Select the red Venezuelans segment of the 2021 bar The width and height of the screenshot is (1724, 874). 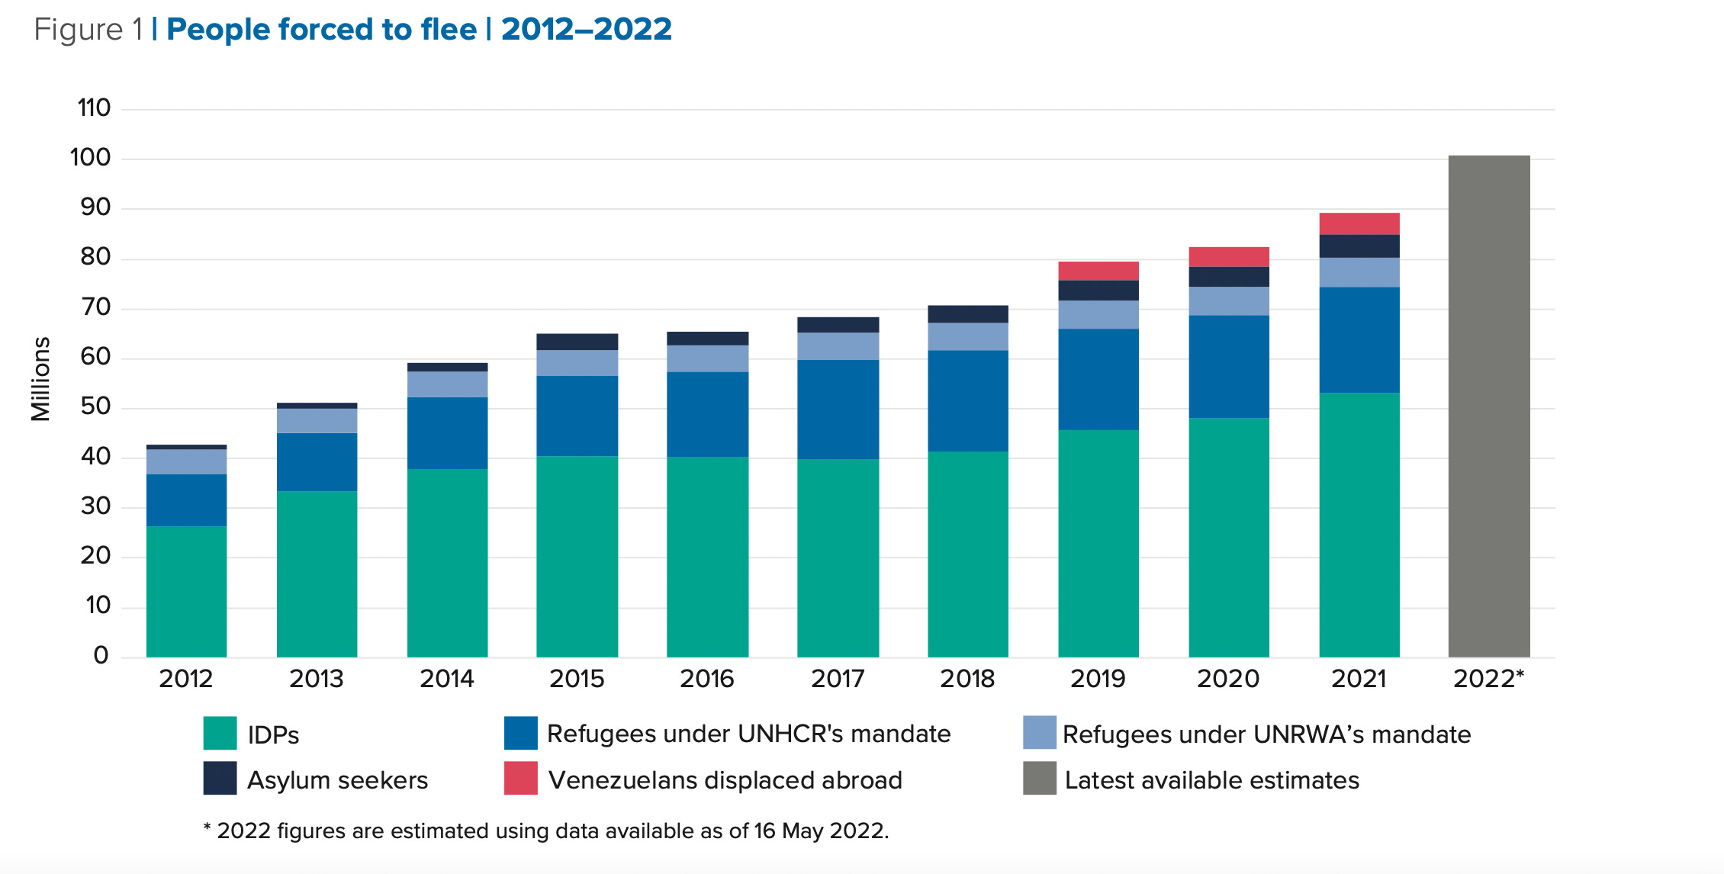pyautogui.click(x=1359, y=223)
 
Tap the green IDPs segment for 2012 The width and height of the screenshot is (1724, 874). pyautogui.click(x=186, y=591)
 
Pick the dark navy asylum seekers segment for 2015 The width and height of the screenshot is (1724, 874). pyautogui.click(x=577, y=342)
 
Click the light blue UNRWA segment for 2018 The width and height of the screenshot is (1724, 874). pyautogui.click(x=967, y=336)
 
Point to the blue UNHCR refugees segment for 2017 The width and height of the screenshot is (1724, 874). pyautogui.click(x=838, y=409)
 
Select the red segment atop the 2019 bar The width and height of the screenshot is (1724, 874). pyautogui.click(x=1098, y=271)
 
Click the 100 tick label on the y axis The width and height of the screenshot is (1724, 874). pyautogui.click(x=90, y=158)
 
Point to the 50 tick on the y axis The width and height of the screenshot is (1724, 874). pyautogui.click(x=95, y=406)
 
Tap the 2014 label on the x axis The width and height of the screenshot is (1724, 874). pyautogui.click(x=446, y=679)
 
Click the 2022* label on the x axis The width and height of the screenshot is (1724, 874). pyautogui.click(x=1488, y=679)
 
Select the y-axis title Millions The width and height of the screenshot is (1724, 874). pyautogui.click(x=40, y=379)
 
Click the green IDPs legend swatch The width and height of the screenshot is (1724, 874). pyautogui.click(x=220, y=733)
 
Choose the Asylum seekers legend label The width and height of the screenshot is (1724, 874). pyautogui.click(x=337, y=780)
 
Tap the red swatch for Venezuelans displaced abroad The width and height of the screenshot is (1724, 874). pyautogui.click(x=520, y=779)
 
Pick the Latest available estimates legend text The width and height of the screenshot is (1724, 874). pyautogui.click(x=1211, y=780)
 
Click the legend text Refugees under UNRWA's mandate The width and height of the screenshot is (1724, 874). pyautogui.click(x=1266, y=734)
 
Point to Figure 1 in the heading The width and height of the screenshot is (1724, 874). pyautogui.click(x=88, y=29)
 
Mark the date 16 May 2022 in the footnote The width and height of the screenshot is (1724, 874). pyautogui.click(x=819, y=831)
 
